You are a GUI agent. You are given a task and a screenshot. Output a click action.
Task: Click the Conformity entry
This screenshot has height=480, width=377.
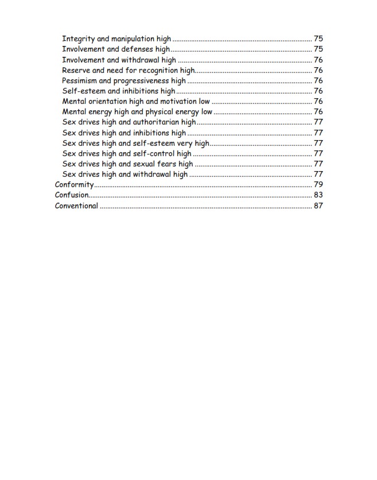74,185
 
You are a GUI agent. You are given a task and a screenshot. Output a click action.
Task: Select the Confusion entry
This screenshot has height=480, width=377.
72,195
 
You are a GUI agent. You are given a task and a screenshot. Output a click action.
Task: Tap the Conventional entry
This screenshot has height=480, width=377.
76,206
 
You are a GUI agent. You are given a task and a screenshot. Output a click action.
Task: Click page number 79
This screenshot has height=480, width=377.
318,185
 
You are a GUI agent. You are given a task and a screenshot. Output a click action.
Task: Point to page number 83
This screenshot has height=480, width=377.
318,195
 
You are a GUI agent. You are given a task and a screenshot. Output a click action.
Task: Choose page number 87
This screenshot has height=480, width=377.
318,206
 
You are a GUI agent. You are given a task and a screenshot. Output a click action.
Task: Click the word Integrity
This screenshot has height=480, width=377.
78,39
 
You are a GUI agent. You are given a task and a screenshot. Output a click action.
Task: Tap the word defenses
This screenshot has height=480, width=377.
137,49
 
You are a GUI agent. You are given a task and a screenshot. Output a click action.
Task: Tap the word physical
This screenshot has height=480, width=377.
161,111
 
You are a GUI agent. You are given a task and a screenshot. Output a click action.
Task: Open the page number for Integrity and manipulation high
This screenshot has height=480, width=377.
318,39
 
